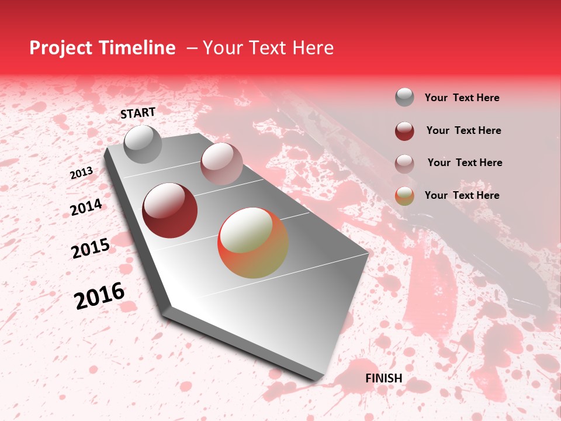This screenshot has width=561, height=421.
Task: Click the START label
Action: (x=138, y=113)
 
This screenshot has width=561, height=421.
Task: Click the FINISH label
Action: (x=384, y=378)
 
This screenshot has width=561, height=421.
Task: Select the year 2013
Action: (x=81, y=173)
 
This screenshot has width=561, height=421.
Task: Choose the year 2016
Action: (x=99, y=296)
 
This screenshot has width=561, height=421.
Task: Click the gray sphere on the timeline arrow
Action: (x=143, y=144)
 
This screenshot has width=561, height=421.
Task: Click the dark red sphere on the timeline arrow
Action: (x=169, y=210)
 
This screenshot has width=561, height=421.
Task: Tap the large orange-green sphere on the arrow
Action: (x=253, y=243)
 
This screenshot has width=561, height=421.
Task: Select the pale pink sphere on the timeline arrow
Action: (x=221, y=164)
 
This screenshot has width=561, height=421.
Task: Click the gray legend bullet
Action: (x=404, y=97)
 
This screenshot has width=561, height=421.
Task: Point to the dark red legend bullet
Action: (x=404, y=131)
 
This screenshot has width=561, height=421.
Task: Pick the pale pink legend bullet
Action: (x=404, y=163)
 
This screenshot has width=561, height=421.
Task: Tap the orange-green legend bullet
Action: (x=404, y=196)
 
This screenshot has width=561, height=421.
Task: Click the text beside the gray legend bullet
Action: (x=462, y=98)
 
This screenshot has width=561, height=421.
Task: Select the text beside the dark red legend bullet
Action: (x=463, y=130)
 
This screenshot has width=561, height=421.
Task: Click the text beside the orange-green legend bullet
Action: (x=462, y=195)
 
